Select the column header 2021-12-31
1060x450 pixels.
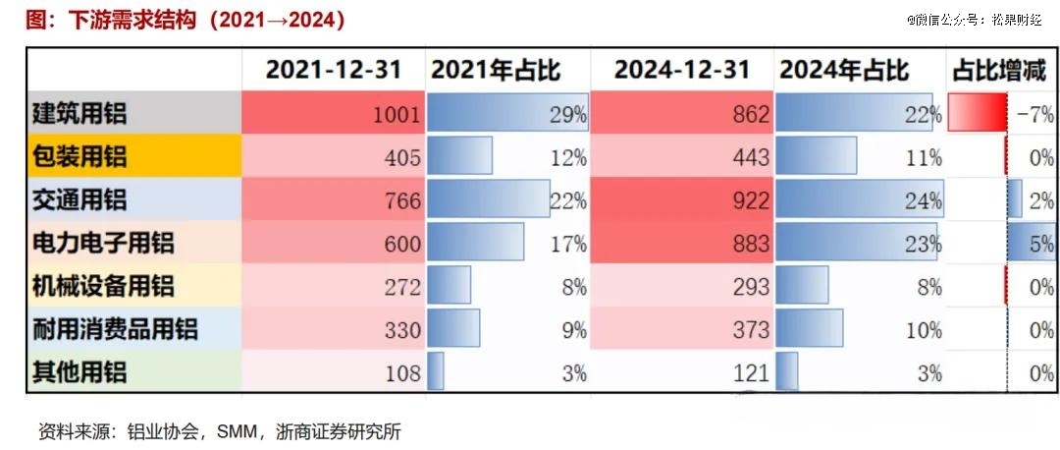pyautogui.click(x=334, y=70)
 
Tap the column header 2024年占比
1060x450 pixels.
pyautogui.click(x=843, y=70)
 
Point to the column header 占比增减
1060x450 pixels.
pyautogui.click(x=998, y=70)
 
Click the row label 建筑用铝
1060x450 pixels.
pyautogui.click(x=79, y=114)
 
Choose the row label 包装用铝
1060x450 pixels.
pyautogui.click(x=79, y=157)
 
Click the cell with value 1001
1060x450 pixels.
pyautogui.click(x=397, y=115)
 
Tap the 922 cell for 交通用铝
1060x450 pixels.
pyautogui.click(x=751, y=200)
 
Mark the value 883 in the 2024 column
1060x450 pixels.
pyautogui.click(x=751, y=243)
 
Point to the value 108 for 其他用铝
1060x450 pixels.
pyautogui.click(x=401, y=372)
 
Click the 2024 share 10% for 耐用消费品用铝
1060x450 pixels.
pyautogui.click(x=923, y=329)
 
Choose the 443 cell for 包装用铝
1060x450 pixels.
pyautogui.click(x=751, y=157)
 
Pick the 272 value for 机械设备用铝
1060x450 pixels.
pyautogui.click(x=401, y=286)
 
